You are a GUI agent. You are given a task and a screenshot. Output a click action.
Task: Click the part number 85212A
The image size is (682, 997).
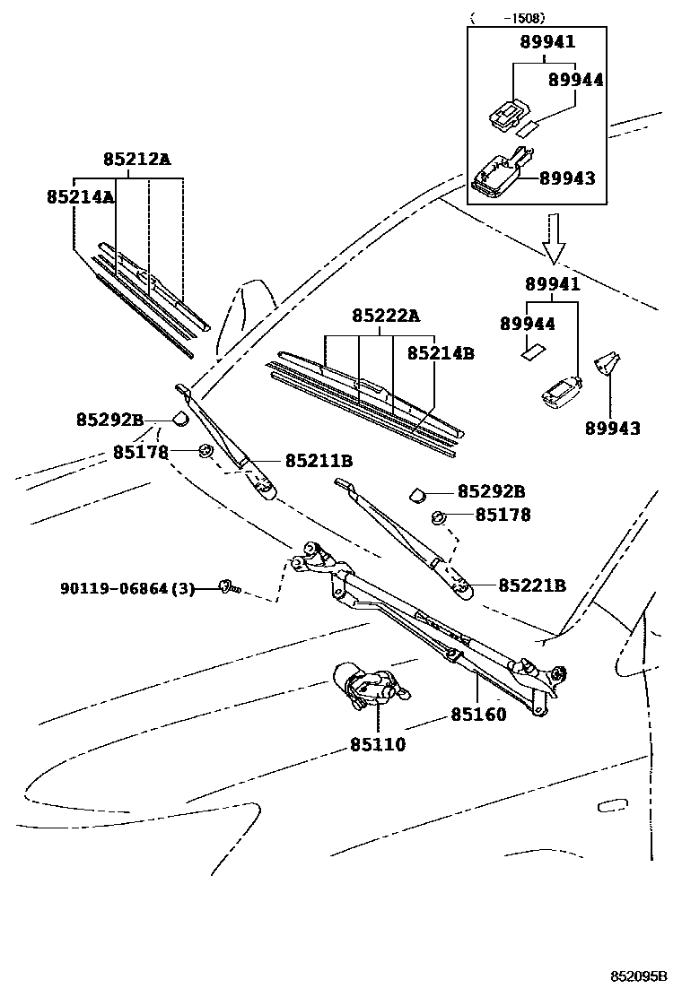(136, 160)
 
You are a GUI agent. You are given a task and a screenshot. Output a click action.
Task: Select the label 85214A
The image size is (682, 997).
(81, 195)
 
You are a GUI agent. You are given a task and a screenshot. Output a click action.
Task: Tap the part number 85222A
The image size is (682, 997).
(386, 316)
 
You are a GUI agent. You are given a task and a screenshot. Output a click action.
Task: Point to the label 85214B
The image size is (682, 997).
(441, 353)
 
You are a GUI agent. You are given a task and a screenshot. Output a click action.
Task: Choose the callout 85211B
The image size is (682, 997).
(319, 461)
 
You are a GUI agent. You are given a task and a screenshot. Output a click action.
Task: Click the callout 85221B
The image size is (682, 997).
(532, 585)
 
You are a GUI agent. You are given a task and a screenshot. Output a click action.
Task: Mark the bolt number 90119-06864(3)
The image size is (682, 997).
(127, 589)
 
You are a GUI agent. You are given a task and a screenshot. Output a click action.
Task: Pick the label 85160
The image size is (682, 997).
(478, 715)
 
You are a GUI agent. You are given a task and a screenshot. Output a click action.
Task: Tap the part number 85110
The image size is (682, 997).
(378, 744)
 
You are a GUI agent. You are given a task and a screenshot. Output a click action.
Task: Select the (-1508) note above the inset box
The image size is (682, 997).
(508, 17)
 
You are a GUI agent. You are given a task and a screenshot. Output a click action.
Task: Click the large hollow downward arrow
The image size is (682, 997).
(554, 238)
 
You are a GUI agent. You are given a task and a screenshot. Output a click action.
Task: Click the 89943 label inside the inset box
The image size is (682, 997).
(567, 178)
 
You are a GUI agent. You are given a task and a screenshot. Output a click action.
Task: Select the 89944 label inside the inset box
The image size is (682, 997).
(576, 80)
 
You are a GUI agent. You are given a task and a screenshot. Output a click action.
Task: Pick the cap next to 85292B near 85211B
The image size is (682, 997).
(179, 417)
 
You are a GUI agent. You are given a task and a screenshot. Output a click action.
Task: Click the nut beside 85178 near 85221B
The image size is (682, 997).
(440, 516)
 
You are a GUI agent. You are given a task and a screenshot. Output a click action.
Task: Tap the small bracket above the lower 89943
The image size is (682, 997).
(608, 363)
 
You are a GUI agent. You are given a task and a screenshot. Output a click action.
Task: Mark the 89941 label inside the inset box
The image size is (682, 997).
(548, 42)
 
